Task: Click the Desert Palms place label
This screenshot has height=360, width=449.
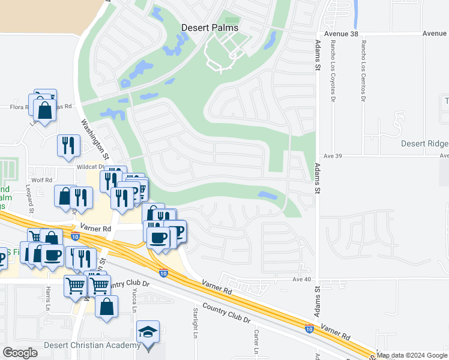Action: pyautogui.click(x=209, y=28)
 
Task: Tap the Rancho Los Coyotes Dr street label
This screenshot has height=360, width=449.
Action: pyautogui.click(x=332, y=72)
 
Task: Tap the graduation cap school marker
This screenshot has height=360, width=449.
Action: pyautogui.click(x=148, y=332)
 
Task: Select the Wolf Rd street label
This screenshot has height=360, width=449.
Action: pyautogui.click(x=42, y=179)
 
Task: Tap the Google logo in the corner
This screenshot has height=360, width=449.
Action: pyautogui.click(x=20, y=353)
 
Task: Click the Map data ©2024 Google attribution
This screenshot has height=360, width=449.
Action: pyautogui.click(x=412, y=355)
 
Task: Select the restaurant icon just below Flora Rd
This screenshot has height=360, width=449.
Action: pyautogui.click(x=68, y=145)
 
